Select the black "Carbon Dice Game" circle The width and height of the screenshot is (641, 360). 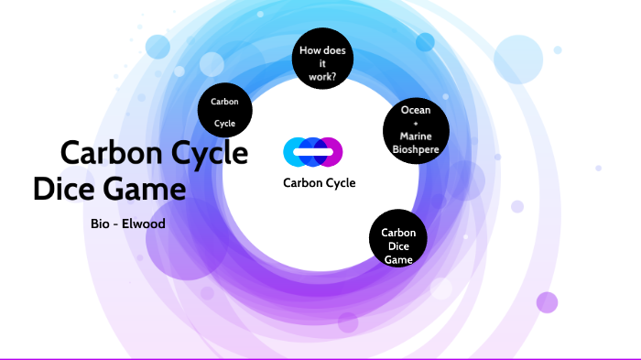tap(398, 240)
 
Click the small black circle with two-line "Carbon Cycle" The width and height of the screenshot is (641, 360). tap(225, 111)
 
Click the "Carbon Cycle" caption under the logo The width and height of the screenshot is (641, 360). tap(319, 182)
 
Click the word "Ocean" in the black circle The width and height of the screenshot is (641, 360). tap(416, 110)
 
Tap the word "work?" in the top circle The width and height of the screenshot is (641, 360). tap(322, 77)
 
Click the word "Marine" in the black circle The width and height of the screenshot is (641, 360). tap(416, 136)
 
